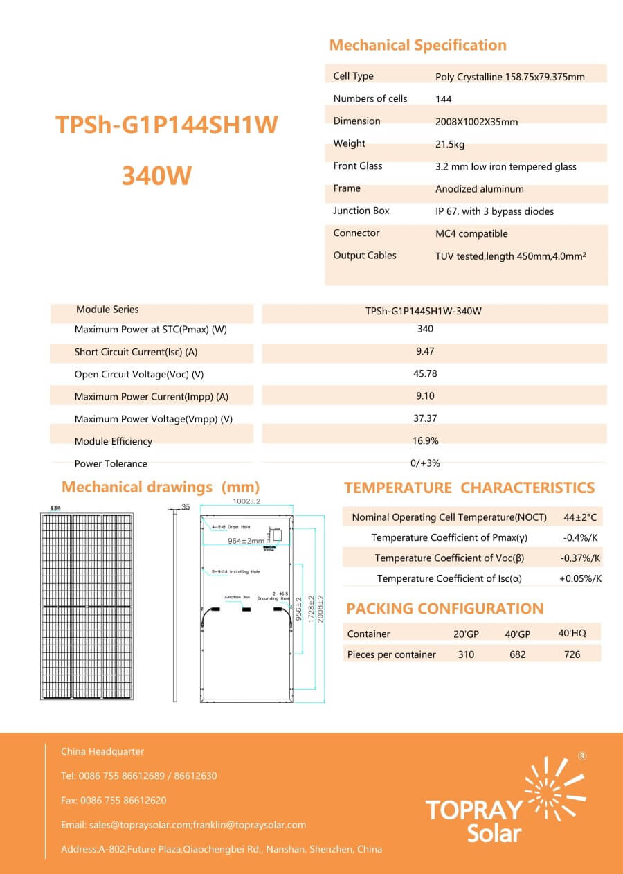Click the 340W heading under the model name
click(156, 176)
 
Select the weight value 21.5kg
click(450, 144)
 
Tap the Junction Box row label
click(361, 211)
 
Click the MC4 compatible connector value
click(471, 234)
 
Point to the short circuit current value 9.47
click(425, 352)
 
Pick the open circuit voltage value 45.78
click(425, 374)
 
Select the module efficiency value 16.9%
click(425, 441)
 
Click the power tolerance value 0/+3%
click(425, 463)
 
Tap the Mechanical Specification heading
click(417, 46)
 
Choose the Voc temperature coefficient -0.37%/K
click(580, 558)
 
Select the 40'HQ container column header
click(572, 633)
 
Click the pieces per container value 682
click(517, 654)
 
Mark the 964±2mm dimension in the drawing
click(246, 540)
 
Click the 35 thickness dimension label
click(186, 507)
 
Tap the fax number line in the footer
click(114, 801)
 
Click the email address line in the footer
click(183, 825)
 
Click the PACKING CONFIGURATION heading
click(444, 609)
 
